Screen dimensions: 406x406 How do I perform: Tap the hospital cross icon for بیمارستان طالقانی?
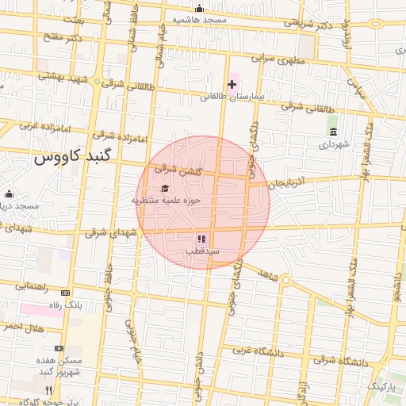232,83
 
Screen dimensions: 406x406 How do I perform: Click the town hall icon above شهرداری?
331,132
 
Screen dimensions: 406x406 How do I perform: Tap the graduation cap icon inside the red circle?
165,189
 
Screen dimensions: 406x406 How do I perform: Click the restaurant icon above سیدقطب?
201,238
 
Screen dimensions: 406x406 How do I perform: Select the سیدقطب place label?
201,251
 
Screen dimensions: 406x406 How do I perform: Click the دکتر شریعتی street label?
309,24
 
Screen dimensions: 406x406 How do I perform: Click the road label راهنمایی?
33,285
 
